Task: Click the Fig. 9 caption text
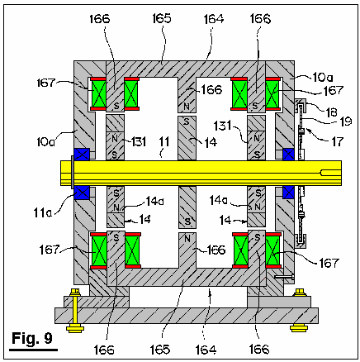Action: pyautogui.click(x=32, y=338)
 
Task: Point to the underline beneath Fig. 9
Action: pyautogui.click(x=33, y=350)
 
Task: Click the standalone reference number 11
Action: pyautogui.click(x=164, y=141)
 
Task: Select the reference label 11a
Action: pyautogui.click(x=42, y=212)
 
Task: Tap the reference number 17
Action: pyautogui.click(x=337, y=142)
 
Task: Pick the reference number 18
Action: pyautogui.click(x=331, y=112)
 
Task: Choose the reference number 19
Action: pyautogui.click(x=346, y=121)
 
